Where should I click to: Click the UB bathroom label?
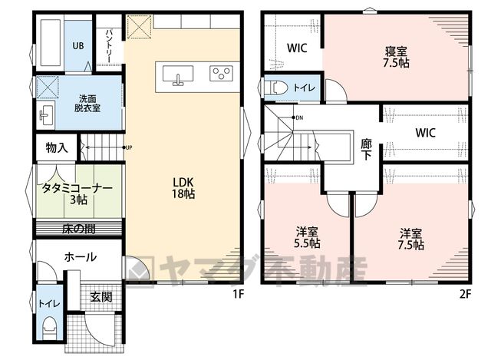click(x=78, y=46)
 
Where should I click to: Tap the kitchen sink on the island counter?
click(x=177, y=75)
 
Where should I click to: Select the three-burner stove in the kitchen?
click(x=221, y=74)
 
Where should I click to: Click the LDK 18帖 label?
click(x=183, y=188)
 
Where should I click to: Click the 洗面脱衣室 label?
click(x=87, y=104)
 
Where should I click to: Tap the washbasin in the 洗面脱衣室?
click(x=46, y=115)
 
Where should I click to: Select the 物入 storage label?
click(x=57, y=147)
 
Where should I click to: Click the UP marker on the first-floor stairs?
click(x=127, y=147)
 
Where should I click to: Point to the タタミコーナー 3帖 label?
click(x=77, y=194)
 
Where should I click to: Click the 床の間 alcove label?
click(x=78, y=230)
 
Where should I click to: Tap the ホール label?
click(x=80, y=257)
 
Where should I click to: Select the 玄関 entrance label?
click(x=101, y=296)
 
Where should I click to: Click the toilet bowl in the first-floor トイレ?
click(x=49, y=328)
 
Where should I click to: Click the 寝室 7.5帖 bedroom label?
click(x=396, y=58)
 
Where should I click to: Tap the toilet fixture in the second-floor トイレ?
click(x=276, y=88)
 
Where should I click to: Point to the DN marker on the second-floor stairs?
click(x=298, y=117)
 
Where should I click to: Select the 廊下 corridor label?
click(x=366, y=150)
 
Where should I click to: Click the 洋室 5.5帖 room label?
click(x=307, y=238)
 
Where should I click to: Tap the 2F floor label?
click(x=465, y=294)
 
